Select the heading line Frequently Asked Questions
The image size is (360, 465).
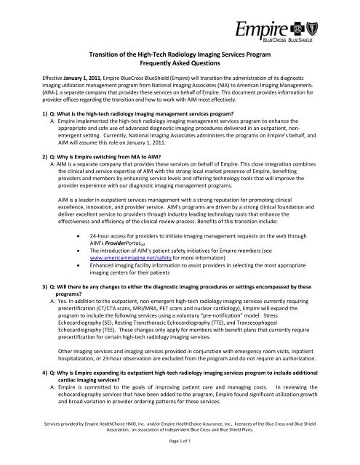pos(180,73)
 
